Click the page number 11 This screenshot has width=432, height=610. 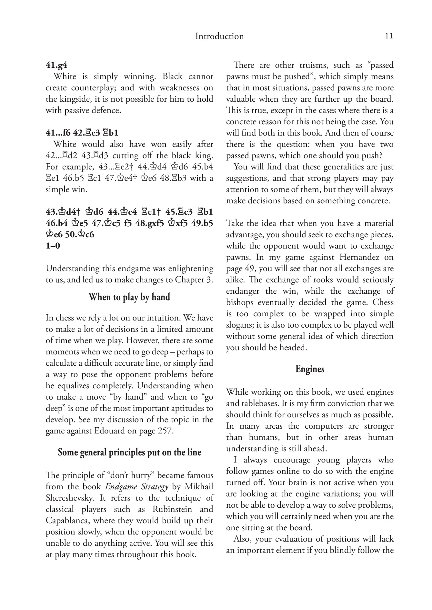tap(389, 36)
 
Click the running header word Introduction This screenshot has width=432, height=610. tap(219, 36)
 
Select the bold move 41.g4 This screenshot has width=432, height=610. tap(56, 65)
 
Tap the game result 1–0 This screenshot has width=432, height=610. tap(53, 246)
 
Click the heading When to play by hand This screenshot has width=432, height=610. tap(129, 297)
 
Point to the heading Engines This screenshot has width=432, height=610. tap(309, 369)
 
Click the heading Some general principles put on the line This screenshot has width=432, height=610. tap(129, 452)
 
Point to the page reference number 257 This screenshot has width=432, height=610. tap(165, 431)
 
